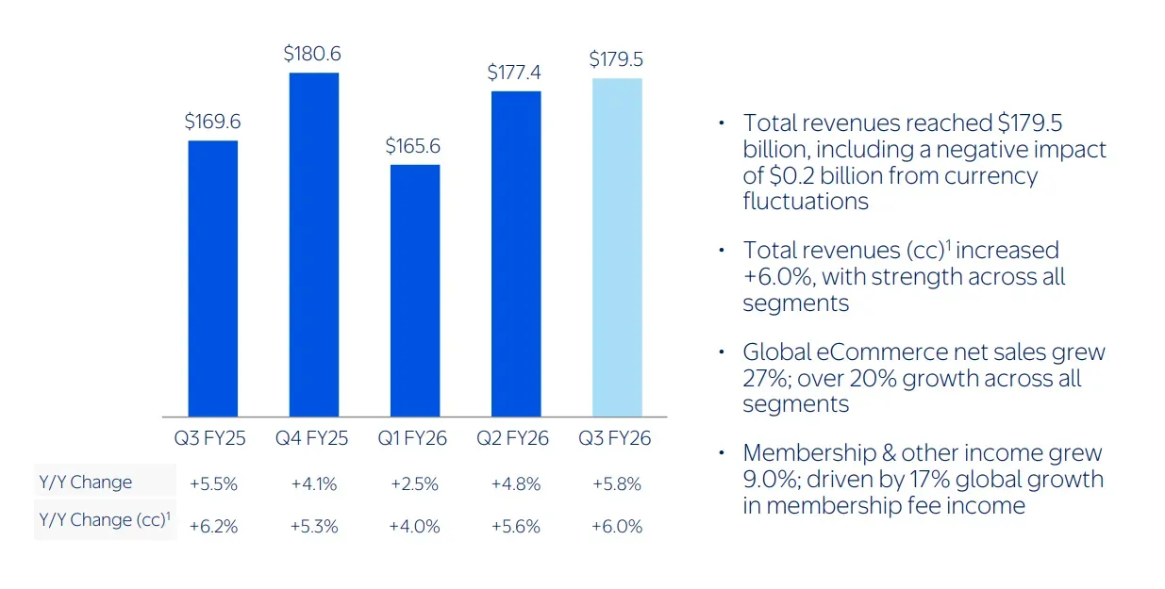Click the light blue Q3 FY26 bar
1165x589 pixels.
click(x=617, y=247)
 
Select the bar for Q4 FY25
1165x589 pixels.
click(x=314, y=244)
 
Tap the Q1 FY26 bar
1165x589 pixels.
click(x=415, y=290)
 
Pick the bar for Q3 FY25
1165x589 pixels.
click(x=213, y=278)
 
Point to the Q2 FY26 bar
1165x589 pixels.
click(x=516, y=254)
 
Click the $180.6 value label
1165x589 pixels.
click(x=312, y=55)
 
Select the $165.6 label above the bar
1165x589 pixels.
click(x=413, y=147)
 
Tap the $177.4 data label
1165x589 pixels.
click(x=515, y=73)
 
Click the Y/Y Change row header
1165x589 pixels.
click(x=86, y=483)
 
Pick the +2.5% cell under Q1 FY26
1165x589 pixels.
click(x=414, y=484)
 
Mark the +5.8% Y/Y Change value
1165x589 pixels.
click(x=617, y=484)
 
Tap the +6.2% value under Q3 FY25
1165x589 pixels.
click(x=213, y=527)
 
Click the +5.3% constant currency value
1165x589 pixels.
click(x=313, y=527)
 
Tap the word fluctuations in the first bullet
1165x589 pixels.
click(x=806, y=201)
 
